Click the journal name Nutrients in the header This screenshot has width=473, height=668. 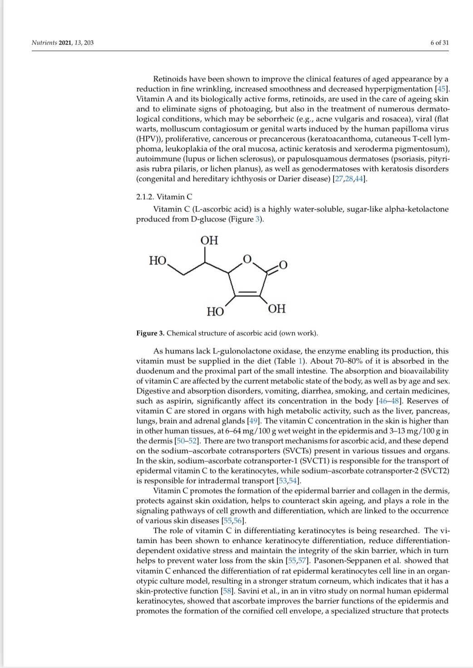click(x=44, y=43)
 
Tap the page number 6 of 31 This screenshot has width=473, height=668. click(x=439, y=43)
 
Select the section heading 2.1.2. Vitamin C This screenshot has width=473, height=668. click(x=164, y=197)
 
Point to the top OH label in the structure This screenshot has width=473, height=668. click(x=209, y=240)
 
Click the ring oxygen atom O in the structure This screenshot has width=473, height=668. click(x=247, y=258)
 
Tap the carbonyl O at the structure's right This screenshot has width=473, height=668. click(x=283, y=264)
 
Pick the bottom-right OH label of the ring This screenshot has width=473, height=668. click(x=277, y=309)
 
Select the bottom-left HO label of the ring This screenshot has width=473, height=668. click(x=215, y=312)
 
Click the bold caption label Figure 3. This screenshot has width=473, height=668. click(x=150, y=333)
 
